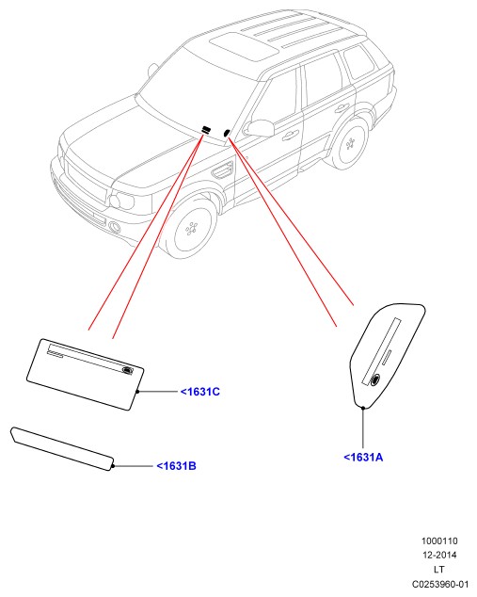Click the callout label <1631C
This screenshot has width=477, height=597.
tap(200, 392)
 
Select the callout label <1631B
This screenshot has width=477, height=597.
tap(177, 466)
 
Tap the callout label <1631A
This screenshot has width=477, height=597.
tap(363, 458)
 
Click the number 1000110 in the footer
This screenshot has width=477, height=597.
tap(439, 541)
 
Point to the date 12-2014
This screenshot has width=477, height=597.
tap(439, 556)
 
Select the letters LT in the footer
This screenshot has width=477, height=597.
tap(439, 570)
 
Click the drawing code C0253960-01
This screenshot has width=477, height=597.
tap(440, 584)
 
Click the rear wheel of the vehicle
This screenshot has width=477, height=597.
tap(350, 144)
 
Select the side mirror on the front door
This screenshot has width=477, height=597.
tap(260, 128)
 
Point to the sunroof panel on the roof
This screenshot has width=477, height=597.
tap(245, 46)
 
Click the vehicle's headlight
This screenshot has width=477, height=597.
tap(121, 200)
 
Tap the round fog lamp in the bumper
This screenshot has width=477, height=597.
tap(115, 227)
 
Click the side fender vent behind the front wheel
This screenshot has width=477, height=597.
tap(222, 170)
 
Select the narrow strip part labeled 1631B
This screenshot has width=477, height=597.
tap(62, 449)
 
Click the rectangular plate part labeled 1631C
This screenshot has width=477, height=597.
tap(86, 375)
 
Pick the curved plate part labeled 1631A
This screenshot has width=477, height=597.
tap(387, 354)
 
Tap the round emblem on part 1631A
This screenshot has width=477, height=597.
tap(375, 379)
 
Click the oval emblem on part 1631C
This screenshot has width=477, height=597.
tap(127, 369)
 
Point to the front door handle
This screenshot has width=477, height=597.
tap(290, 135)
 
